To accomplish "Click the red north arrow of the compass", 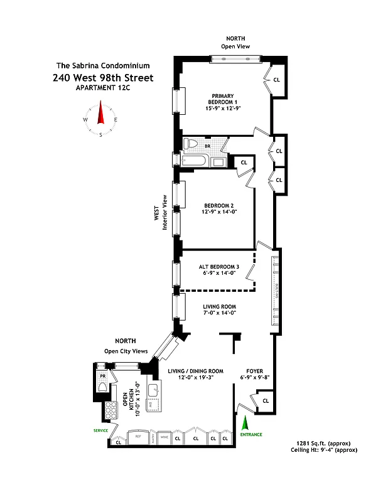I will [99, 113].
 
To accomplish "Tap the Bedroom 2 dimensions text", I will [219, 213].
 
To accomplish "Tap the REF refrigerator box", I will [137, 435].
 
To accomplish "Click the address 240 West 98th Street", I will [103, 78].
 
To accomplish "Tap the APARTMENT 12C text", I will [103, 88].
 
